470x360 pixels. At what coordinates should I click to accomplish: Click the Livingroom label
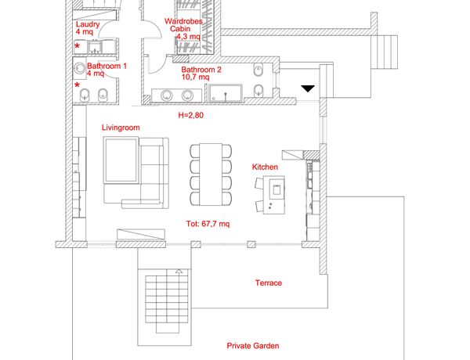[x=121, y=128]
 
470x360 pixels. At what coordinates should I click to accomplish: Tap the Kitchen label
[x=265, y=167]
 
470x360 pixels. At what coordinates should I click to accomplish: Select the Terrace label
[x=269, y=283]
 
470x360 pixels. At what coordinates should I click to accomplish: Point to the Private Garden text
[x=253, y=346]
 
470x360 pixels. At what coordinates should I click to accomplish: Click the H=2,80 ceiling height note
[x=191, y=115]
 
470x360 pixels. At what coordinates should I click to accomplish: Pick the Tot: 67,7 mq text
[x=208, y=224]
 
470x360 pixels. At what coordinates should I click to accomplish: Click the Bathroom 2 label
[x=201, y=70]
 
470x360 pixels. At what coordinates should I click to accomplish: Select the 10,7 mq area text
[x=195, y=77]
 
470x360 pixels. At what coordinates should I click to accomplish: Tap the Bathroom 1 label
[x=107, y=66]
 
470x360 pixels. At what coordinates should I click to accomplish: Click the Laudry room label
[x=88, y=24]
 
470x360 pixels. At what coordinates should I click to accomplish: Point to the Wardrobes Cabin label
[x=183, y=25]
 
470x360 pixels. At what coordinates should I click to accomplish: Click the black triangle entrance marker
[x=308, y=88]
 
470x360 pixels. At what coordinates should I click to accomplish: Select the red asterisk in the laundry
[x=78, y=46]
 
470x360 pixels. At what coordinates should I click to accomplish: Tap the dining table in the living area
[x=211, y=175]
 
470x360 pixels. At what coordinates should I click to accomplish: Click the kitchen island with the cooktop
[x=273, y=195]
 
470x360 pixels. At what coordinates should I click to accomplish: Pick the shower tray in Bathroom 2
[x=226, y=93]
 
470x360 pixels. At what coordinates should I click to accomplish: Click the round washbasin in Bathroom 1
[x=79, y=68]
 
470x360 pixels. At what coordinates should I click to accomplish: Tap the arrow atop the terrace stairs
[x=179, y=272]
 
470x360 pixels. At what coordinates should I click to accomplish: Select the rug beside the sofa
[x=121, y=160]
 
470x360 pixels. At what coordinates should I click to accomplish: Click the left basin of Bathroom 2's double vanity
[x=167, y=95]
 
